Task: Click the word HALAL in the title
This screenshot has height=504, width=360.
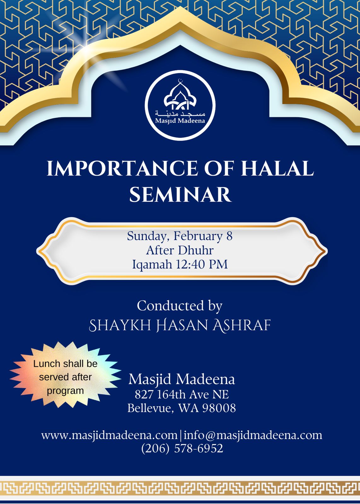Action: [x=277, y=168]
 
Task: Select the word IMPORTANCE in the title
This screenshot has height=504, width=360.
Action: [x=122, y=168]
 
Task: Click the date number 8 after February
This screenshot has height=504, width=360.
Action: [x=229, y=236]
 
